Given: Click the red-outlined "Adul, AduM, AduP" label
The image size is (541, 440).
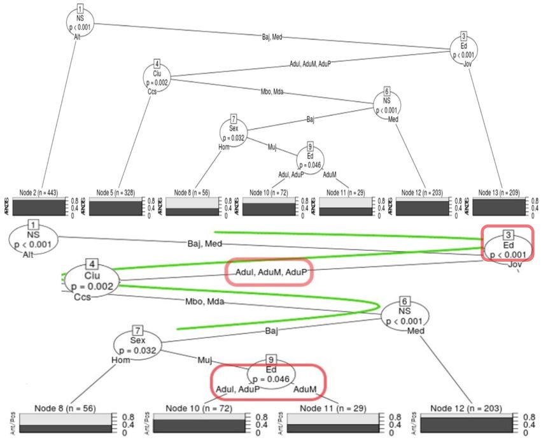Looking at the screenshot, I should click(x=270, y=272).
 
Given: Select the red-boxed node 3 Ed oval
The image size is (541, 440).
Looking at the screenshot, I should click(x=507, y=244).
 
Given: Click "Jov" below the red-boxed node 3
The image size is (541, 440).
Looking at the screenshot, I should click(x=516, y=264).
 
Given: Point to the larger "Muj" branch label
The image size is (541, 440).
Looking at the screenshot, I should click(x=204, y=360).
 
